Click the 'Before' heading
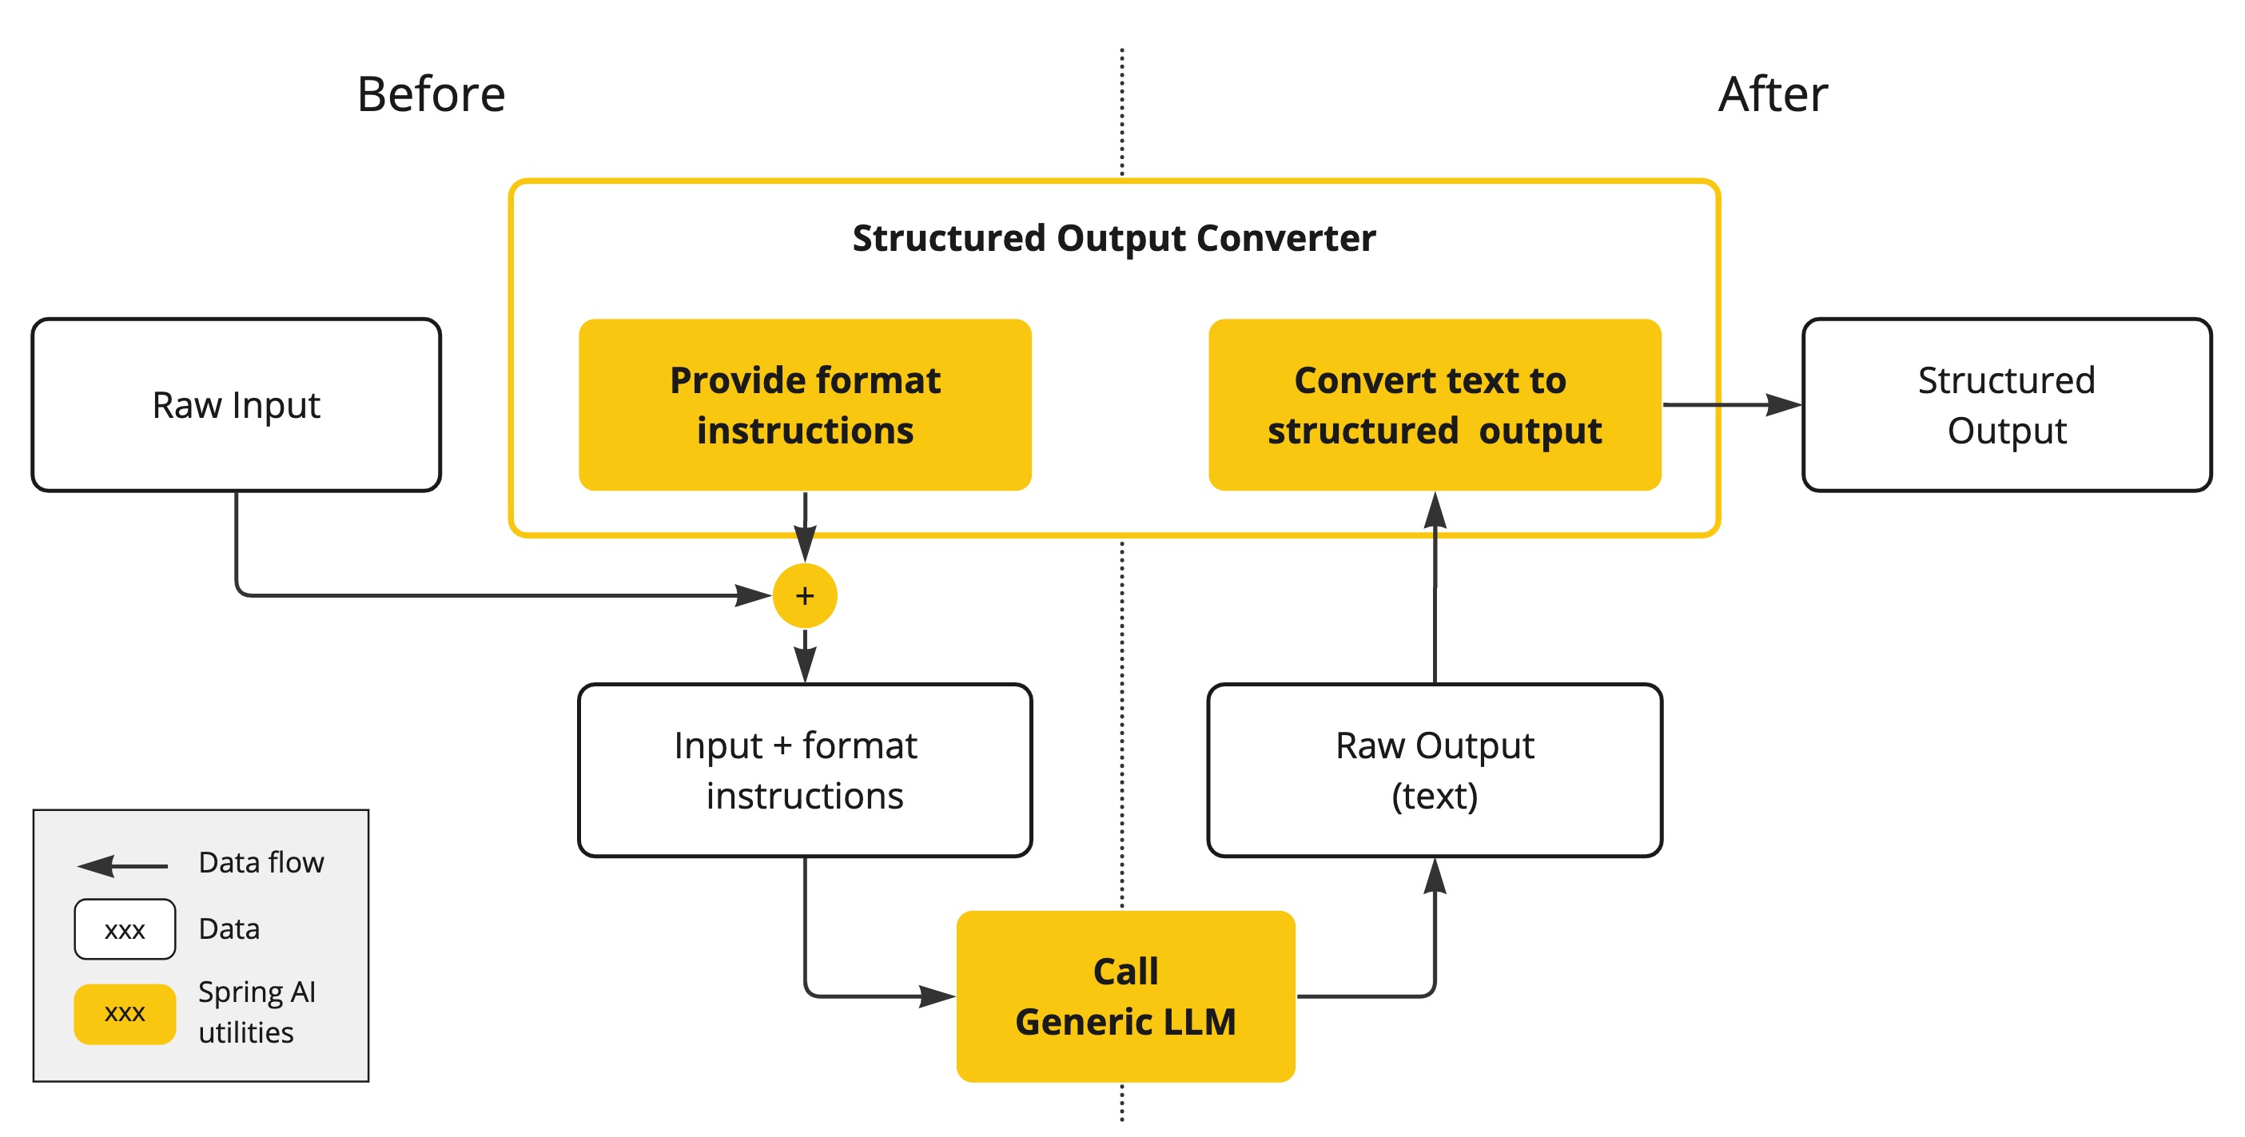click(x=431, y=94)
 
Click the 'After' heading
click(x=1772, y=94)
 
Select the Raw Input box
click(x=237, y=405)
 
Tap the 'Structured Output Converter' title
click(x=1113, y=238)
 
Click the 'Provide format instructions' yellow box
click(x=804, y=405)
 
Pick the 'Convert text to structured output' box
click(x=1434, y=405)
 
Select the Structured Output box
click(x=2005, y=405)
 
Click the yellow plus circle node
click(x=804, y=596)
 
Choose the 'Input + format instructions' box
click(x=804, y=770)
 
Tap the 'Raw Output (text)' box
click(x=1434, y=770)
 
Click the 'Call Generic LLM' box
click(x=1125, y=996)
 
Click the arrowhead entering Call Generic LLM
click(x=937, y=996)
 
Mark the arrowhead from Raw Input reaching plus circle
click(x=753, y=596)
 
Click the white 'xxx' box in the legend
click(x=125, y=929)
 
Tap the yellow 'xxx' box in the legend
click(x=125, y=1013)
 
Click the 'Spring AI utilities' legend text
click(x=257, y=1012)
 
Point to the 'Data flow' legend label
click(x=261, y=863)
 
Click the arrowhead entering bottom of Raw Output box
click(x=1435, y=876)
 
